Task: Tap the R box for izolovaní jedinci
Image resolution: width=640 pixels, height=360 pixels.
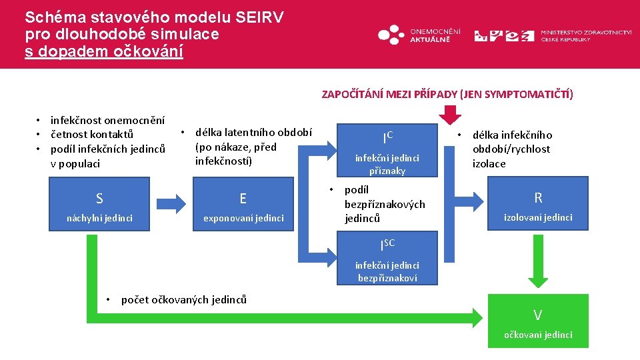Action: (538, 204)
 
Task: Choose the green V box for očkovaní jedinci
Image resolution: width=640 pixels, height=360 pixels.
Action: (538, 321)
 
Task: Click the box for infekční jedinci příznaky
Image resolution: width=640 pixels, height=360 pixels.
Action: (387, 151)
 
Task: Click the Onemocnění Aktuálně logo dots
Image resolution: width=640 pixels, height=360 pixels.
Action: (391, 34)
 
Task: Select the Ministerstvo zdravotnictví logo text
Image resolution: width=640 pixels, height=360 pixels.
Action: (586, 35)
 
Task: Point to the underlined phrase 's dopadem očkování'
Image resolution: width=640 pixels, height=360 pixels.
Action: (104, 51)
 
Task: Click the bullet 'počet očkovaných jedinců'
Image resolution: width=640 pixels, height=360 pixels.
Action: (183, 299)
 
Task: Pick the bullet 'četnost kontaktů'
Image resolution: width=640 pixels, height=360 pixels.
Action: (91, 135)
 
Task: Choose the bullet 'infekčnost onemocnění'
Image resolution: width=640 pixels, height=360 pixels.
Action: (107, 121)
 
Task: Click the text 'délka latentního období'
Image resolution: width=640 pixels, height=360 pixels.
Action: (253, 132)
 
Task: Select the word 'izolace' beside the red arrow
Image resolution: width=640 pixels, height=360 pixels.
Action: (489, 163)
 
